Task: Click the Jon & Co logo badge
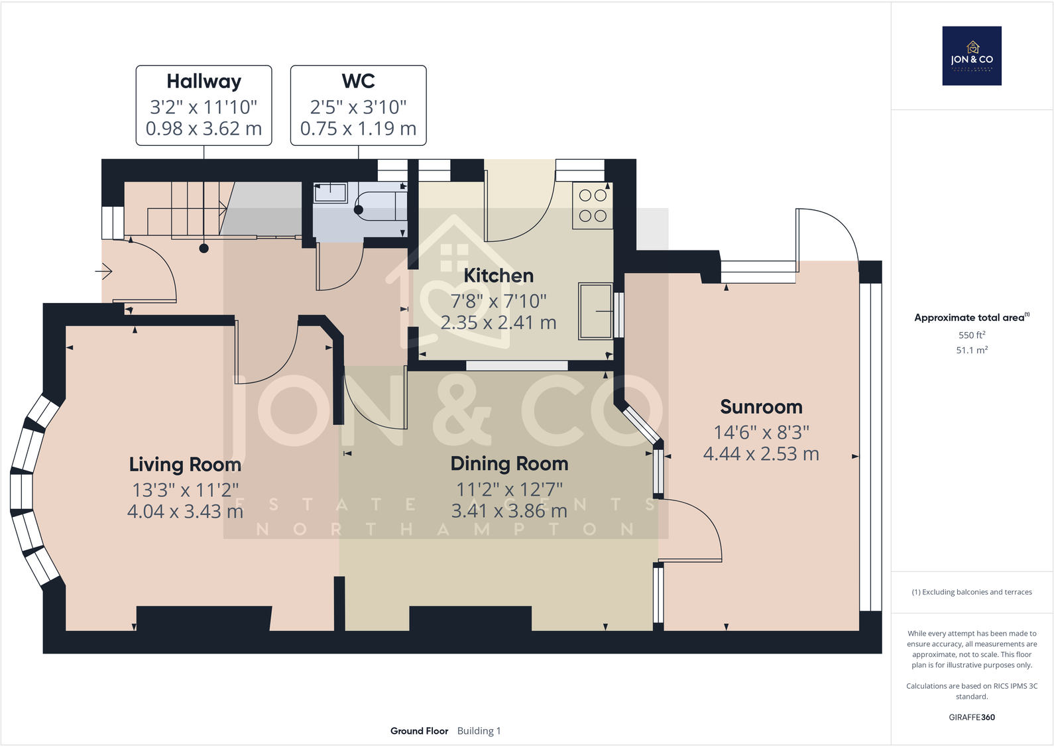(x=972, y=56)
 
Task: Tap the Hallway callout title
(x=204, y=81)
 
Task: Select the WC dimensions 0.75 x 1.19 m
(x=358, y=129)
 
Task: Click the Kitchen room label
(x=498, y=275)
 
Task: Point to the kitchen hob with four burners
(x=593, y=205)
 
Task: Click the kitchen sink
(x=595, y=311)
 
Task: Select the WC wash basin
(x=330, y=193)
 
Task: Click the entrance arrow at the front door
(x=105, y=271)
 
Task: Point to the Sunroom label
(x=761, y=406)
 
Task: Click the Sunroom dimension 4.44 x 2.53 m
(x=761, y=454)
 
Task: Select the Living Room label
(x=185, y=464)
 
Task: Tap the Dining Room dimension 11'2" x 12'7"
(x=509, y=489)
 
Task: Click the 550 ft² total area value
(x=972, y=335)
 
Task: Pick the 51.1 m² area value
(x=972, y=350)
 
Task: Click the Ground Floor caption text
(x=419, y=730)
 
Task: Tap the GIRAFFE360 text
(x=972, y=717)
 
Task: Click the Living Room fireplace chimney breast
(x=204, y=618)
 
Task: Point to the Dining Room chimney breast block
(x=470, y=618)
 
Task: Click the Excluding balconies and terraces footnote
(x=972, y=592)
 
